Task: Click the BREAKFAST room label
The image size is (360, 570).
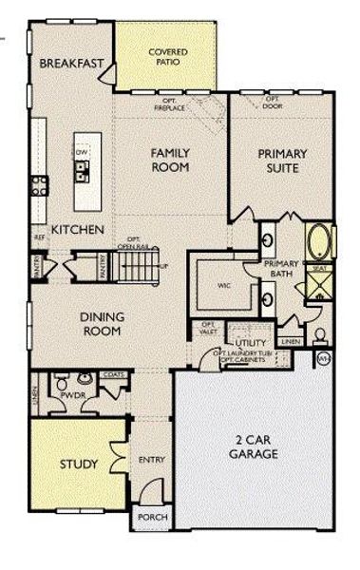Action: (x=72, y=64)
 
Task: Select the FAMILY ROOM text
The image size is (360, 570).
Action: (x=172, y=160)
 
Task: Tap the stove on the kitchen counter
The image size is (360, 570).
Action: (x=39, y=185)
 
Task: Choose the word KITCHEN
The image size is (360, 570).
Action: (x=77, y=229)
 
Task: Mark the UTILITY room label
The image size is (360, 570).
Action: (x=251, y=342)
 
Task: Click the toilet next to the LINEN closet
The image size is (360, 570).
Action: (x=320, y=336)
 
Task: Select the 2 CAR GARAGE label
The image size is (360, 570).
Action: (x=252, y=446)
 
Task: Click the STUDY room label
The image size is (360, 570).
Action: (x=78, y=465)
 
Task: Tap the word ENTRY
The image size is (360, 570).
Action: (x=151, y=460)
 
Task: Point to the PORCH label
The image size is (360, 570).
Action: (x=151, y=518)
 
